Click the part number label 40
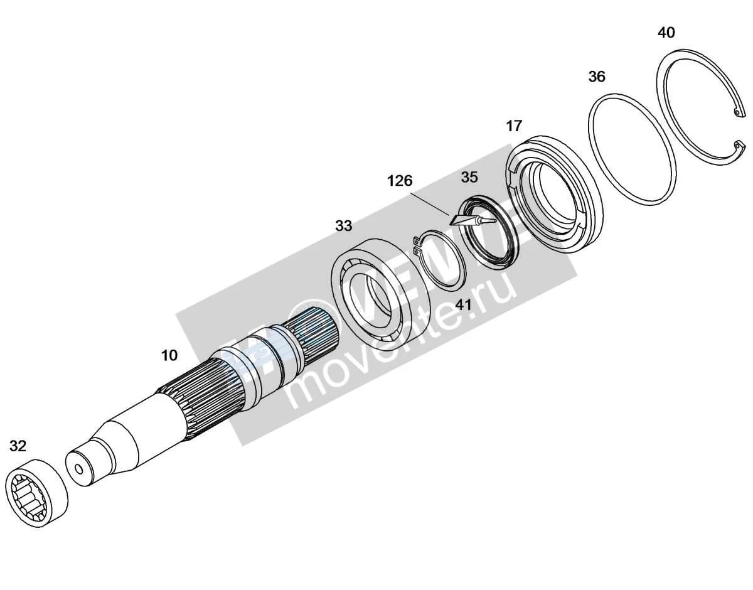666,33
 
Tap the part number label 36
597,77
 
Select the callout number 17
514,126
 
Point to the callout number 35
469,178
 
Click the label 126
400,181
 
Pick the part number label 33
344,226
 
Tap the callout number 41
463,305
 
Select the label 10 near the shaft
169,355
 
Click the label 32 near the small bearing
18,446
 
